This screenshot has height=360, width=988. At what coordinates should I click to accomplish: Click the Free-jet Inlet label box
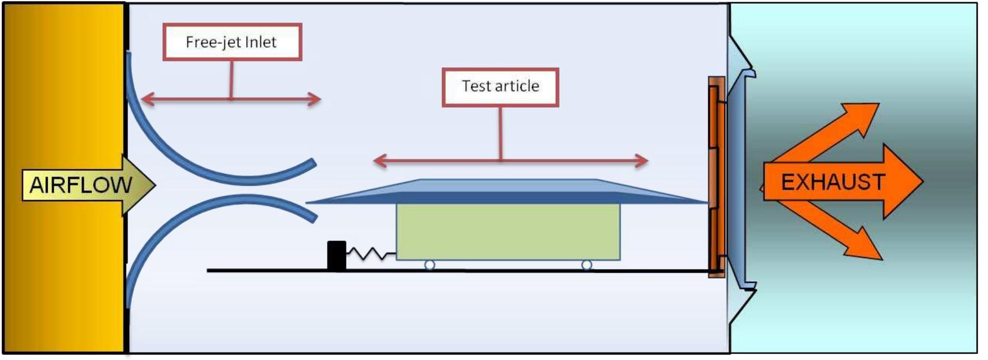pos(232,42)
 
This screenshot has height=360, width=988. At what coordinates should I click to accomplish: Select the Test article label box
pos(500,86)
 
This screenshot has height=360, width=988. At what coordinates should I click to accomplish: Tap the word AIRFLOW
pos(80,185)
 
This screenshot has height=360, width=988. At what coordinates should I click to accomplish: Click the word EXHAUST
pos(832,182)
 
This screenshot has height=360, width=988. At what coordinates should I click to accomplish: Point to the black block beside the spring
pos(336,255)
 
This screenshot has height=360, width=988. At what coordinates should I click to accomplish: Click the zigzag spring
pos(371,254)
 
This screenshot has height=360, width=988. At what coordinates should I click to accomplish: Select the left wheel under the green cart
pos(429,265)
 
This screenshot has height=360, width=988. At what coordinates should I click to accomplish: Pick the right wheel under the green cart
pos(586,265)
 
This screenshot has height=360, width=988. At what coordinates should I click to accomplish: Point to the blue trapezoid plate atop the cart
pos(508,191)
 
